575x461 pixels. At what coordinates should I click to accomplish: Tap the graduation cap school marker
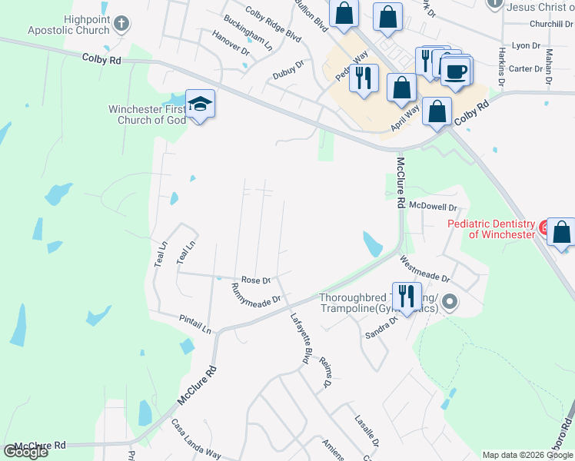coord(200,104)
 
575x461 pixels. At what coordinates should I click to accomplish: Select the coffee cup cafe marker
coord(457,71)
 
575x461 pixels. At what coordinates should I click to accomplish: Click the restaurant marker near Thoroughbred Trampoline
coord(406,295)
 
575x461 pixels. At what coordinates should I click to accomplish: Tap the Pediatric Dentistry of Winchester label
coord(490,229)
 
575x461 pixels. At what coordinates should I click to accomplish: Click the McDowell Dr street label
coord(434,207)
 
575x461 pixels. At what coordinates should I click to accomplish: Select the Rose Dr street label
coord(256,280)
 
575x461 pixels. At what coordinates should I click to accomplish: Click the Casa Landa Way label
coord(196,439)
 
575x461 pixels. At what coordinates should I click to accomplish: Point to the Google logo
coord(25,452)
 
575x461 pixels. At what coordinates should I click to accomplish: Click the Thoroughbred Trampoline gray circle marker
coord(450,303)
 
